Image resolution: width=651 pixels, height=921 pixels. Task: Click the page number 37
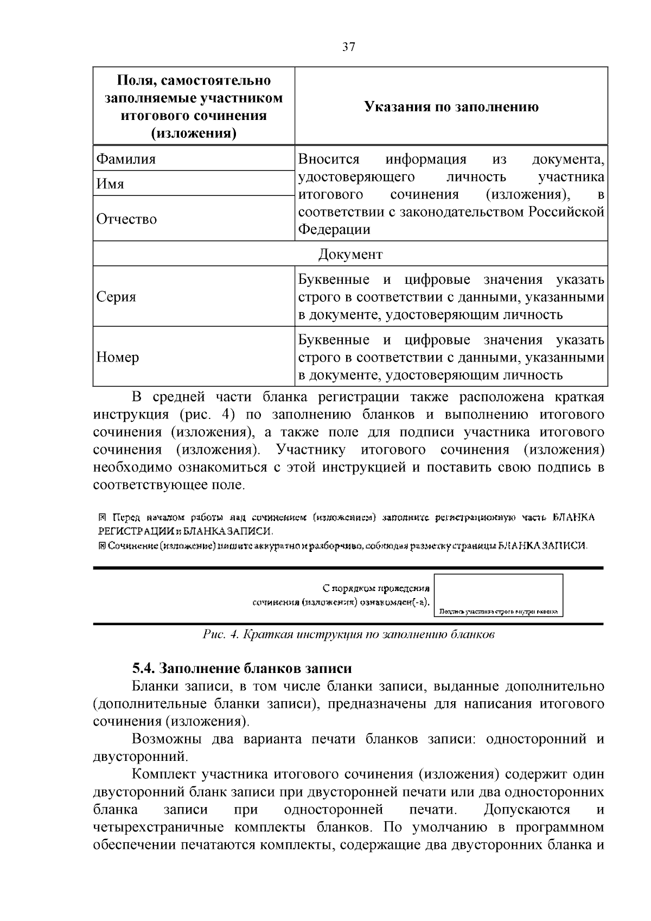pos(349,47)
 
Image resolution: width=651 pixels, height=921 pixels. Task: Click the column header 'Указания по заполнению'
pos(451,107)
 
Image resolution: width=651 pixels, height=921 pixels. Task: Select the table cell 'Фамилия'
pos(126,159)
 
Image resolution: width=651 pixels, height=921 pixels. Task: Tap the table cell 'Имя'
pos(110,184)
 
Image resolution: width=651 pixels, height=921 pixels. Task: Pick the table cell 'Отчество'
pos(126,219)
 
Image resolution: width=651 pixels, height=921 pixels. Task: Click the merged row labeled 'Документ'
pos(350,254)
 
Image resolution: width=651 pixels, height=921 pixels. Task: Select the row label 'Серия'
pos(116,297)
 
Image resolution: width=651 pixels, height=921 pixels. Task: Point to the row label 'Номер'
pos(118,357)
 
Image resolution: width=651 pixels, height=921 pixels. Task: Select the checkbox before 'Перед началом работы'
pos(101,517)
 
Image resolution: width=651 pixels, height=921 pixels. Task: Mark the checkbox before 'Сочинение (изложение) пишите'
pos(101,545)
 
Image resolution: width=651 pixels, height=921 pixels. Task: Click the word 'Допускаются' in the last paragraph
pos(526,809)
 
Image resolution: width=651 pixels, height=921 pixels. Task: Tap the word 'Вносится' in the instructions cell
pos(329,159)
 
